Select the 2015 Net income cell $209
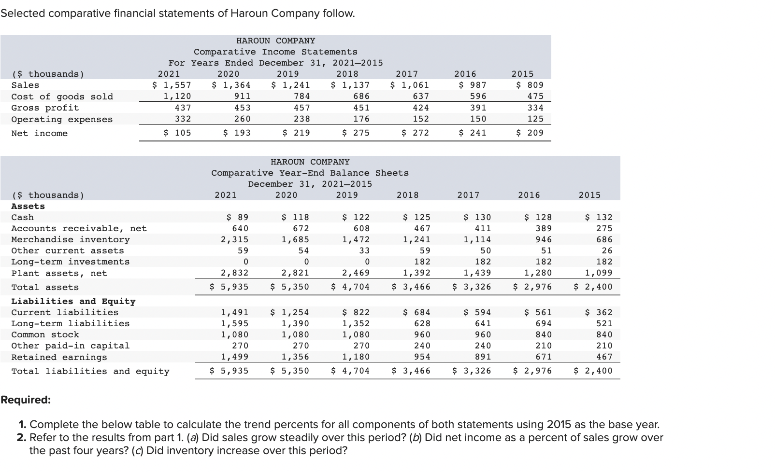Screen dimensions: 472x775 coord(530,133)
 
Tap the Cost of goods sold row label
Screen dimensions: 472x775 coord(62,97)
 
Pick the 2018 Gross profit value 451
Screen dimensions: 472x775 coord(361,108)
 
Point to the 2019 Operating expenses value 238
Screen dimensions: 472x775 coord(302,119)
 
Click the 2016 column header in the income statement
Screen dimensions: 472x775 coord(465,74)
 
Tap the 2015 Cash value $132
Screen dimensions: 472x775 coord(599,217)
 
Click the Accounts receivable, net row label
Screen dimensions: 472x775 coord(79,228)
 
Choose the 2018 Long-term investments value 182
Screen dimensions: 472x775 coord(422,262)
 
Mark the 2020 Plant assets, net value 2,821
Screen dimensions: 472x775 coord(295,273)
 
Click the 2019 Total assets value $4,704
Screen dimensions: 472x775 coord(350,287)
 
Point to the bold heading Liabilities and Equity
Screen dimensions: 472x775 coord(73,301)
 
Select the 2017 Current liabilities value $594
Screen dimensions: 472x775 coord(477,312)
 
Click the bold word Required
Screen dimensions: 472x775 coord(25,400)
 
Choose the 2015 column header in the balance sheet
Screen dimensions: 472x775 coord(589,195)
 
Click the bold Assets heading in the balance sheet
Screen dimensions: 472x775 coord(28,206)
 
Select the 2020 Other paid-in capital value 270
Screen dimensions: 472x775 coord(301,346)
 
